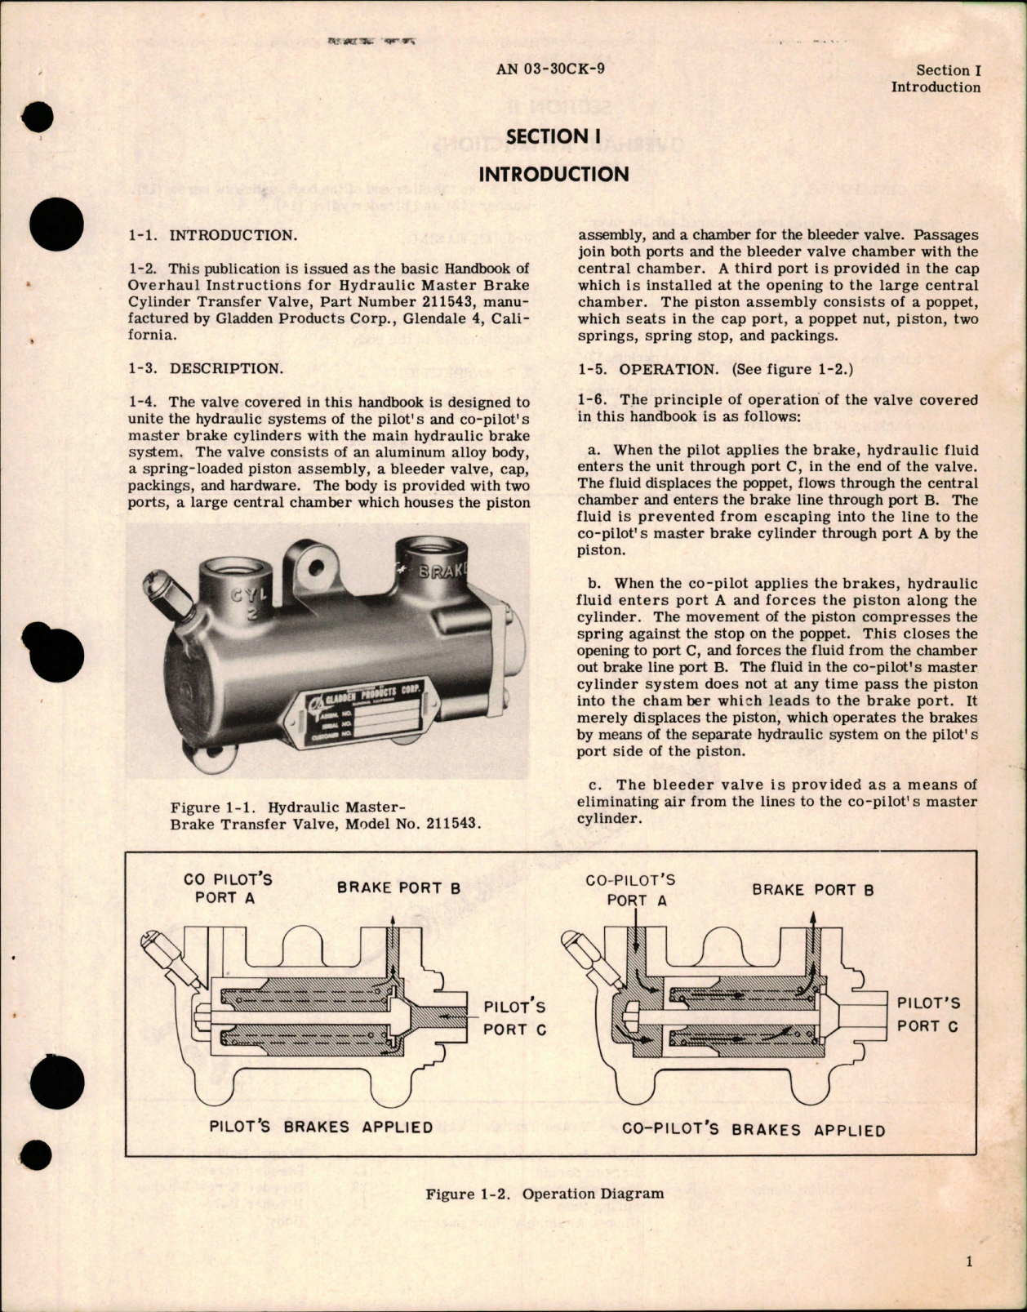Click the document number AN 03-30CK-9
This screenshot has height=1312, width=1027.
click(x=550, y=69)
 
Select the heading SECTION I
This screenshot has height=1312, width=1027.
click(x=547, y=137)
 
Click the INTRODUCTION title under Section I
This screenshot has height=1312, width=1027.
click(x=554, y=174)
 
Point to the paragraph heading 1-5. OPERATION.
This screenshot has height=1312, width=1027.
click(x=648, y=369)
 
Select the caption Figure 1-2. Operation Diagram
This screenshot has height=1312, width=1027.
click(x=545, y=1194)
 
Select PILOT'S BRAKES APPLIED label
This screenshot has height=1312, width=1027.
click(x=322, y=1127)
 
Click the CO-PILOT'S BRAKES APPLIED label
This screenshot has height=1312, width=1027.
click(x=753, y=1130)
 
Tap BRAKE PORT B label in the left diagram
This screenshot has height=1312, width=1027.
click(x=399, y=888)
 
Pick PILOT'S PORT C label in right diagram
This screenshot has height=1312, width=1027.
click(x=928, y=1014)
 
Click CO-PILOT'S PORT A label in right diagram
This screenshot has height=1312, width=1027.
click(x=631, y=890)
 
